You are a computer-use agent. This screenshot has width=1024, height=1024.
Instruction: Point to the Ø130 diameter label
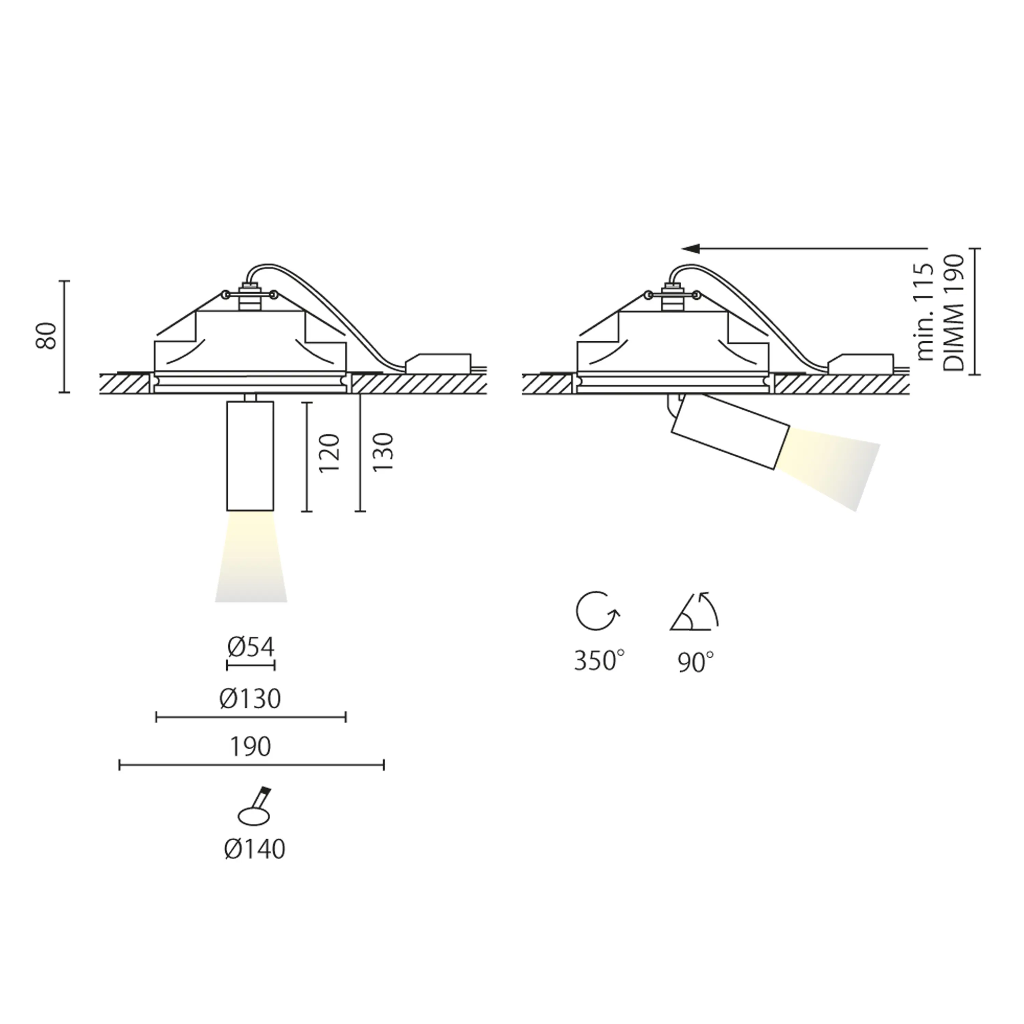coord(250,699)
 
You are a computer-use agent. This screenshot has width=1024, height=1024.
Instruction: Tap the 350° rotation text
coord(599,662)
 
